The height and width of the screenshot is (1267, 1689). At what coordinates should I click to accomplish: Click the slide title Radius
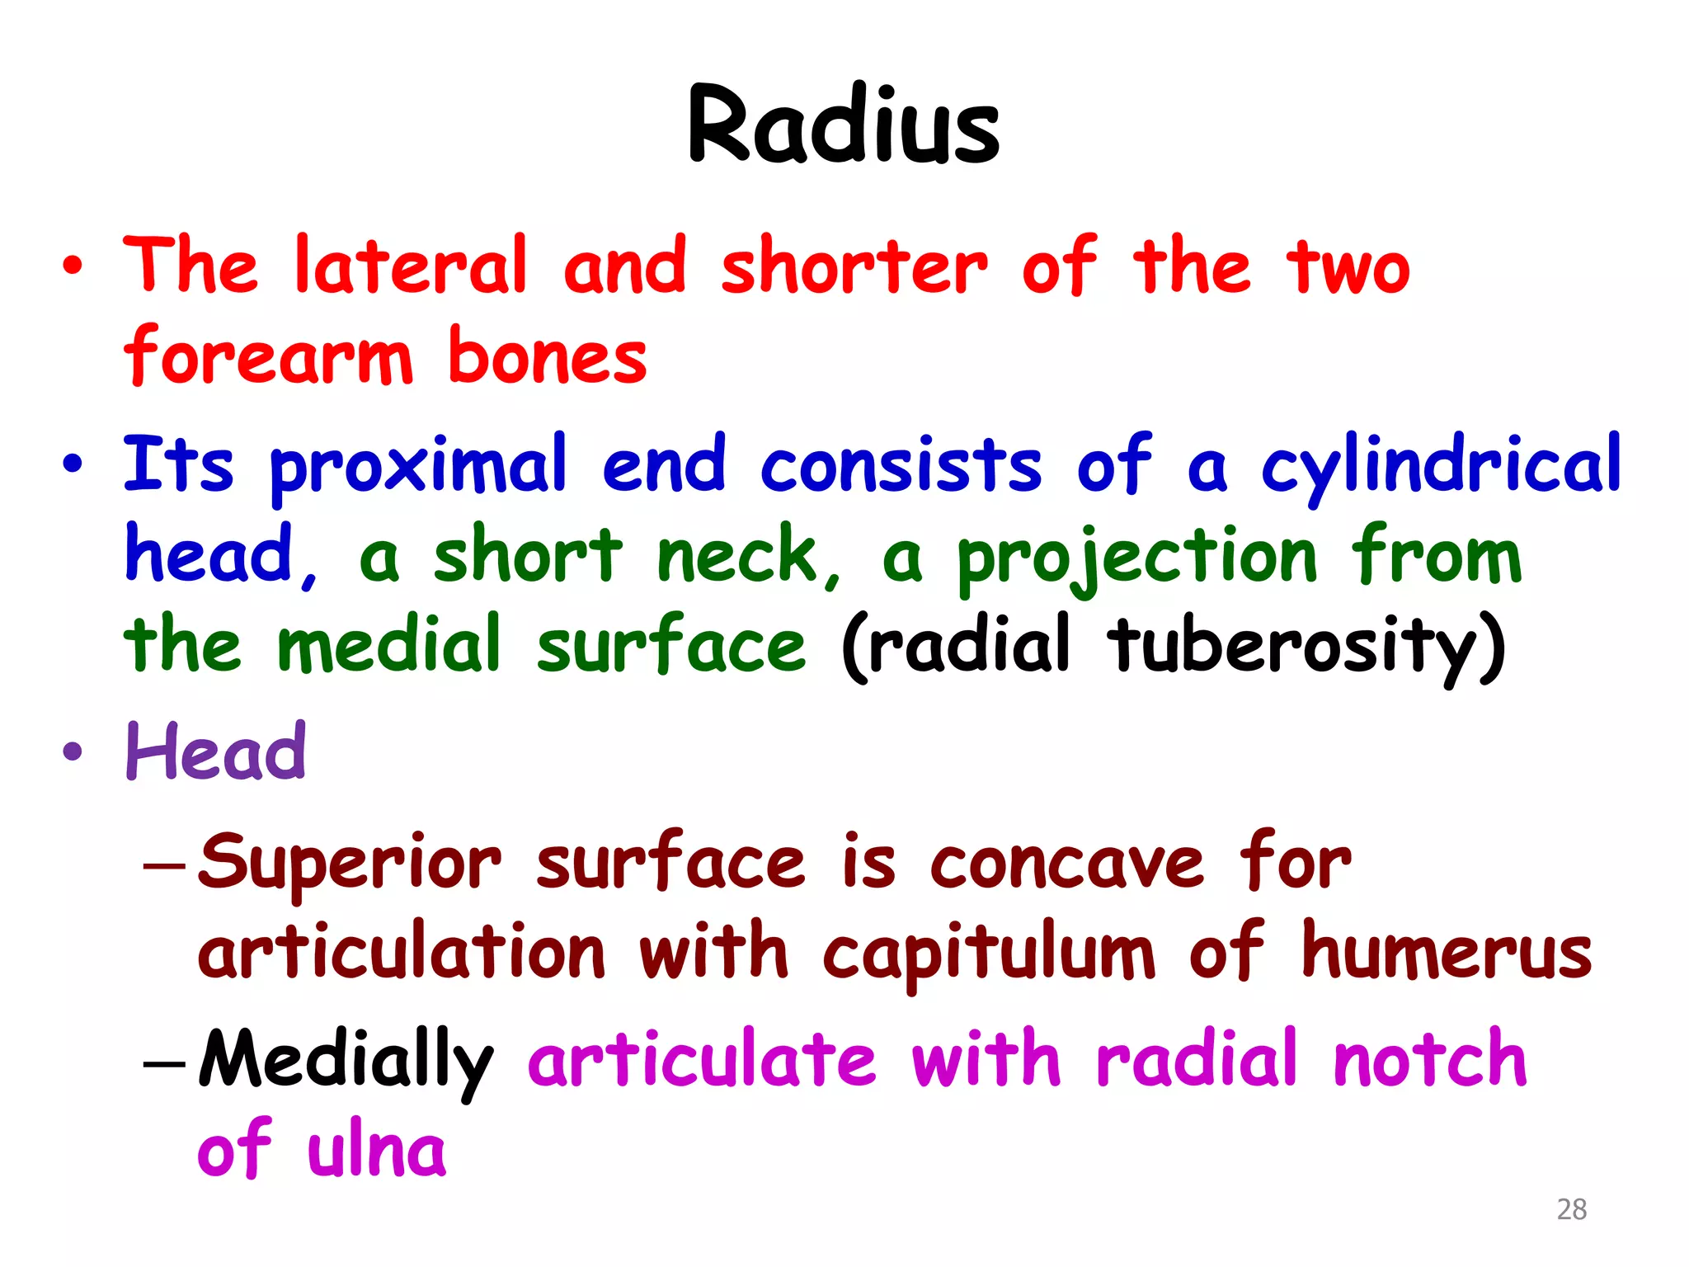point(843,125)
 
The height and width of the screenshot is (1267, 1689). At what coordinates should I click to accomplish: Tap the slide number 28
point(1571,1209)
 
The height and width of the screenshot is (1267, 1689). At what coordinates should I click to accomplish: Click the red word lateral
point(410,266)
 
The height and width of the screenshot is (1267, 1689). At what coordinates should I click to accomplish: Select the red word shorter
point(854,266)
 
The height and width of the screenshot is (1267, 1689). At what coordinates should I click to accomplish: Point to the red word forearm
point(268,356)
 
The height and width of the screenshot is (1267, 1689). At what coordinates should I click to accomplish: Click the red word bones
point(547,356)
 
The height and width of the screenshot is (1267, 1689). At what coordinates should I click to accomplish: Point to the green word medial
point(389,645)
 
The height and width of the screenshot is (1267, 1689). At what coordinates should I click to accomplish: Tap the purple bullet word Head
point(216,752)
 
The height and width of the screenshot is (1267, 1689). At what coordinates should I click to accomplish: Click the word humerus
point(1446,953)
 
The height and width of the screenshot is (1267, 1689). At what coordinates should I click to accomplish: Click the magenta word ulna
point(376,1150)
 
